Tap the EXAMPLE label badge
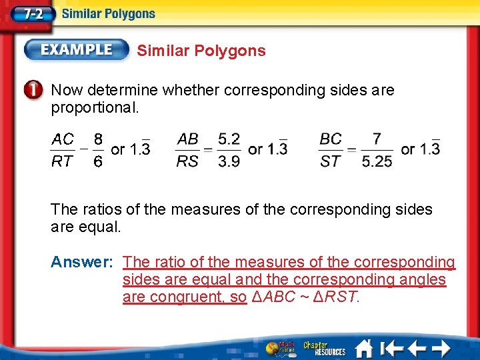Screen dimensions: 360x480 [77, 50]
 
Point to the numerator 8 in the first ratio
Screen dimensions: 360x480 [97, 139]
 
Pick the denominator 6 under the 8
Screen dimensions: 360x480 [97, 161]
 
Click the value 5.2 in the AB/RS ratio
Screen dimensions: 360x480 [229, 139]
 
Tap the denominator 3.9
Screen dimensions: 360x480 [229, 161]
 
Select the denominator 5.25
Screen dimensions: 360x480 [377, 161]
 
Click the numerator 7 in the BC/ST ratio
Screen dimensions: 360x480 [377, 139]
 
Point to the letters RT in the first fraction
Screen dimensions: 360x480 [63, 161]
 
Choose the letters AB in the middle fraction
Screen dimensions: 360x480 [188, 139]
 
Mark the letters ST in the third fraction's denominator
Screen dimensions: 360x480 [331, 161]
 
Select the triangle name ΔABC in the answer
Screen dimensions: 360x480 [273, 297]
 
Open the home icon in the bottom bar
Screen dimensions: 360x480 [364, 348]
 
